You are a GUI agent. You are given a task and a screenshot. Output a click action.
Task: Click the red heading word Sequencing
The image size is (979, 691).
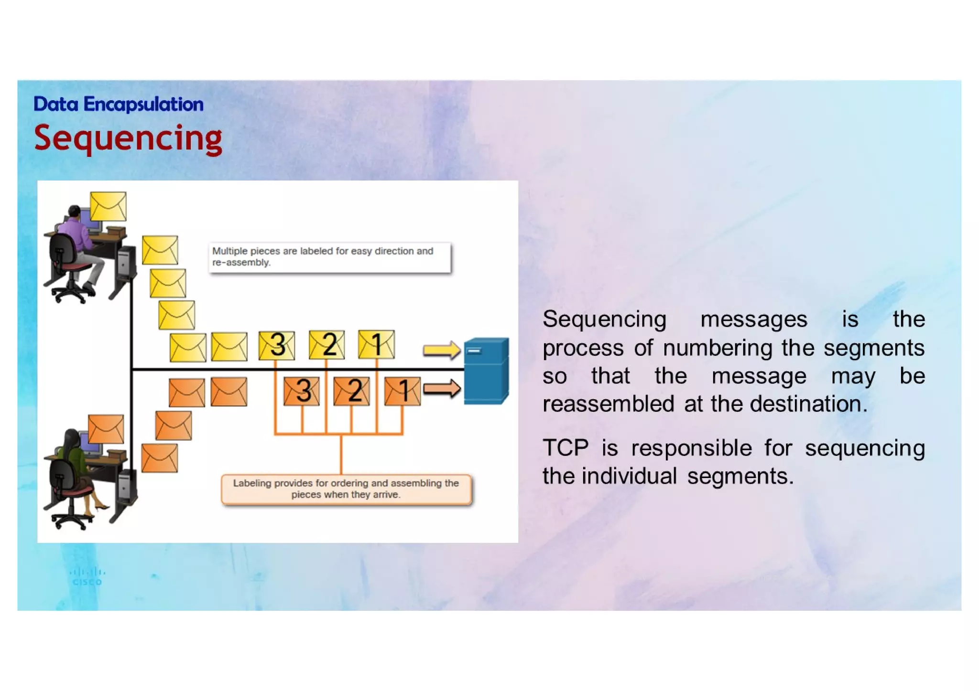pyautogui.click(x=128, y=138)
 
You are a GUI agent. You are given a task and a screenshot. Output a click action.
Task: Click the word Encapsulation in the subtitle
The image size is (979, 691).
pyautogui.click(x=143, y=104)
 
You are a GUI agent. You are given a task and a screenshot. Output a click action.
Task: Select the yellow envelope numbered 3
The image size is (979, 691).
pyautogui.click(x=276, y=345)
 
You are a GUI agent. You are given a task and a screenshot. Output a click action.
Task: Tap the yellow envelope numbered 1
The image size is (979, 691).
pyautogui.click(x=376, y=344)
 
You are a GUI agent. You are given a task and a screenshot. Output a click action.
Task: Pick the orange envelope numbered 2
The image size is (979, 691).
pyautogui.click(x=351, y=391)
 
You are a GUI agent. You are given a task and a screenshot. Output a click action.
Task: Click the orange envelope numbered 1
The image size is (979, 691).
pyautogui.click(x=402, y=391)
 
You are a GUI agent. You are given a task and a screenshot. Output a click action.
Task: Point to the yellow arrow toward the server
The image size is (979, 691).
pyautogui.click(x=441, y=350)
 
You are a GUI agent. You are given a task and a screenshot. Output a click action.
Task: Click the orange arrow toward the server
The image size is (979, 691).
pyautogui.click(x=441, y=388)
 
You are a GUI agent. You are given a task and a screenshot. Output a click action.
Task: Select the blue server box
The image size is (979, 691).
pyautogui.click(x=486, y=371)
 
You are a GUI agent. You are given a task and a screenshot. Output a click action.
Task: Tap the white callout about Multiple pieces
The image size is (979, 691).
pyautogui.click(x=329, y=257)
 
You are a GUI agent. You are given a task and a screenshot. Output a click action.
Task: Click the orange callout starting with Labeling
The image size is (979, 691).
pyautogui.click(x=346, y=489)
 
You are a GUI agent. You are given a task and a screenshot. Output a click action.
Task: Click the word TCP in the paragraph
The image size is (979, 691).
pyautogui.click(x=565, y=448)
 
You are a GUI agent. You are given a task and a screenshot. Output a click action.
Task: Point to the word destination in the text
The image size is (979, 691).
pyautogui.click(x=808, y=404)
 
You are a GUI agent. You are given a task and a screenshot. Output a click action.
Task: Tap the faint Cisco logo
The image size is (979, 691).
pyautogui.click(x=87, y=576)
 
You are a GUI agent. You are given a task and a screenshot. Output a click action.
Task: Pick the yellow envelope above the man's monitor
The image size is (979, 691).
pyautogui.click(x=108, y=206)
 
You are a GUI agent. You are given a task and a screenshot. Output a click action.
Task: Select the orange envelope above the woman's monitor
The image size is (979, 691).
pyautogui.click(x=106, y=429)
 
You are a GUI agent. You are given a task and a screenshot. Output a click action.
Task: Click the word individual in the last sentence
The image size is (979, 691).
pyautogui.click(x=629, y=477)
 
